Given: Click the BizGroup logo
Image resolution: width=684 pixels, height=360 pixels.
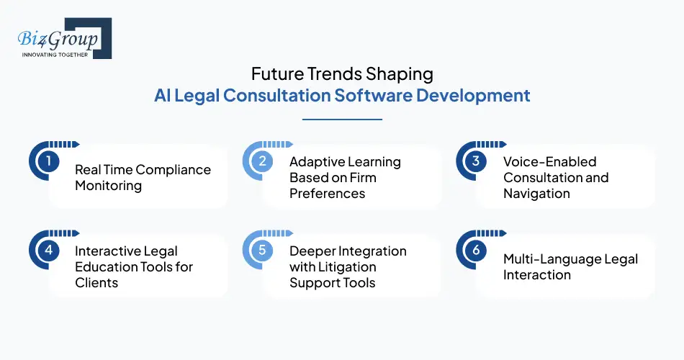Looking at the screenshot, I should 62,37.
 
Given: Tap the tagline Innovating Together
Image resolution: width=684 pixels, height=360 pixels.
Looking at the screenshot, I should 55,55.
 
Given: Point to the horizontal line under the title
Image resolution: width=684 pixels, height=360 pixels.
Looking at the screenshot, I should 342,120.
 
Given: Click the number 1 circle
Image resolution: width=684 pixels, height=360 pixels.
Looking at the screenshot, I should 48,161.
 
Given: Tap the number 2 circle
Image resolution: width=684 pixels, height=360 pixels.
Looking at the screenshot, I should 262,161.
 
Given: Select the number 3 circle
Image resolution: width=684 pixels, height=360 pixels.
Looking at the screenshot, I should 476,161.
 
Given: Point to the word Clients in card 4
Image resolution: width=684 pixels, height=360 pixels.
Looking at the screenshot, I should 96,282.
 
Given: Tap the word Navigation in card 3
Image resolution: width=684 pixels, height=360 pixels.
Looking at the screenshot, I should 536,193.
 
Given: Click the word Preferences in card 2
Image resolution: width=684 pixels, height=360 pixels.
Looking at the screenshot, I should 327,193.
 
